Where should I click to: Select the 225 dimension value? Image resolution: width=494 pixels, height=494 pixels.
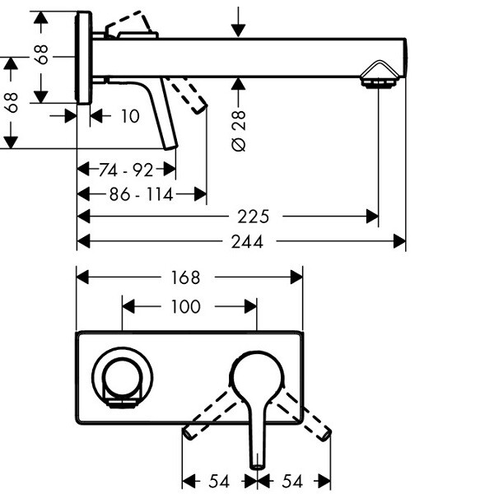(x=254, y=217)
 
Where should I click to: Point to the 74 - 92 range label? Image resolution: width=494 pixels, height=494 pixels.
(x=126, y=170)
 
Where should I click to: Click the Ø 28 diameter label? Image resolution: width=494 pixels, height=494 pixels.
(x=239, y=124)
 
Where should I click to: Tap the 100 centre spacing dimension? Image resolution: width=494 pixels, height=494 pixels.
(x=185, y=306)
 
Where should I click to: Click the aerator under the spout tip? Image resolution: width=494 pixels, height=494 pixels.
(x=380, y=82)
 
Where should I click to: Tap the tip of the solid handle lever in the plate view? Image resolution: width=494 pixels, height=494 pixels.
(x=257, y=463)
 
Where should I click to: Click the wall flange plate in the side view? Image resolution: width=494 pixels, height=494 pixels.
(x=83, y=58)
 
